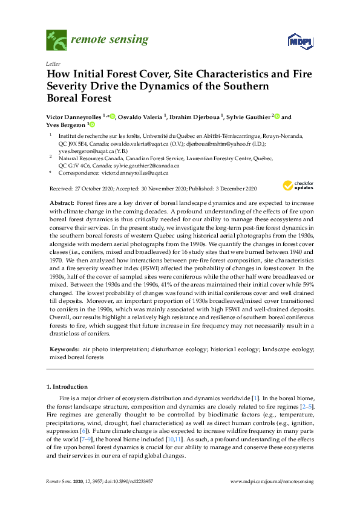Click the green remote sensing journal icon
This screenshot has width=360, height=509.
pos(56,41)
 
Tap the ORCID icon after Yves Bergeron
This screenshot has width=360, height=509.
pos(93,125)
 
